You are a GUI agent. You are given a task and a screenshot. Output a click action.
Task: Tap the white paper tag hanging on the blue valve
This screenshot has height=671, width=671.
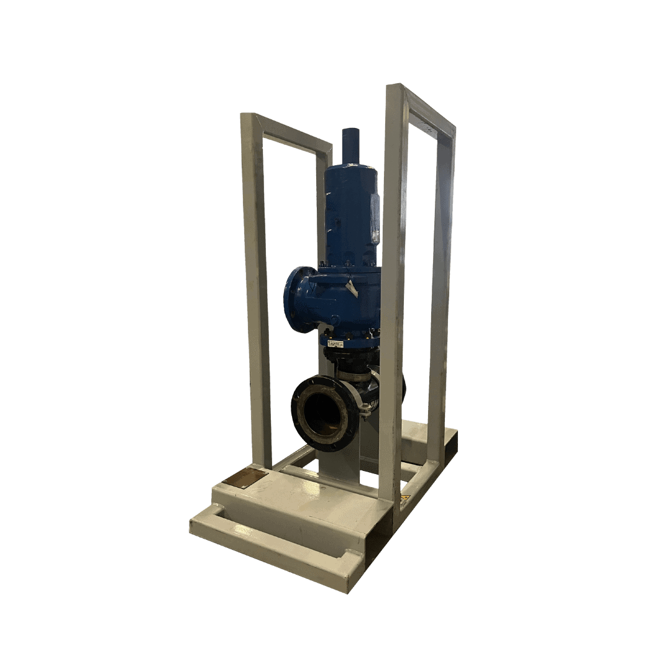pos(352,288)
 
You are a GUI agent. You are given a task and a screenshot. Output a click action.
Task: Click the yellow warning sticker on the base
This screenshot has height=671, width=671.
pos(404,497)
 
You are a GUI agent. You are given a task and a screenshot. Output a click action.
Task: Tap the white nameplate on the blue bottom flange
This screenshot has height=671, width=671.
pos(335,341)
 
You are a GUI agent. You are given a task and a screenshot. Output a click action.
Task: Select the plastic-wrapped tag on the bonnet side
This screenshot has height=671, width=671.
pos(375,217)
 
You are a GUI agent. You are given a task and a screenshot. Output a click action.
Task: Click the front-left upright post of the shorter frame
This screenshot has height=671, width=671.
pos(256,292)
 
